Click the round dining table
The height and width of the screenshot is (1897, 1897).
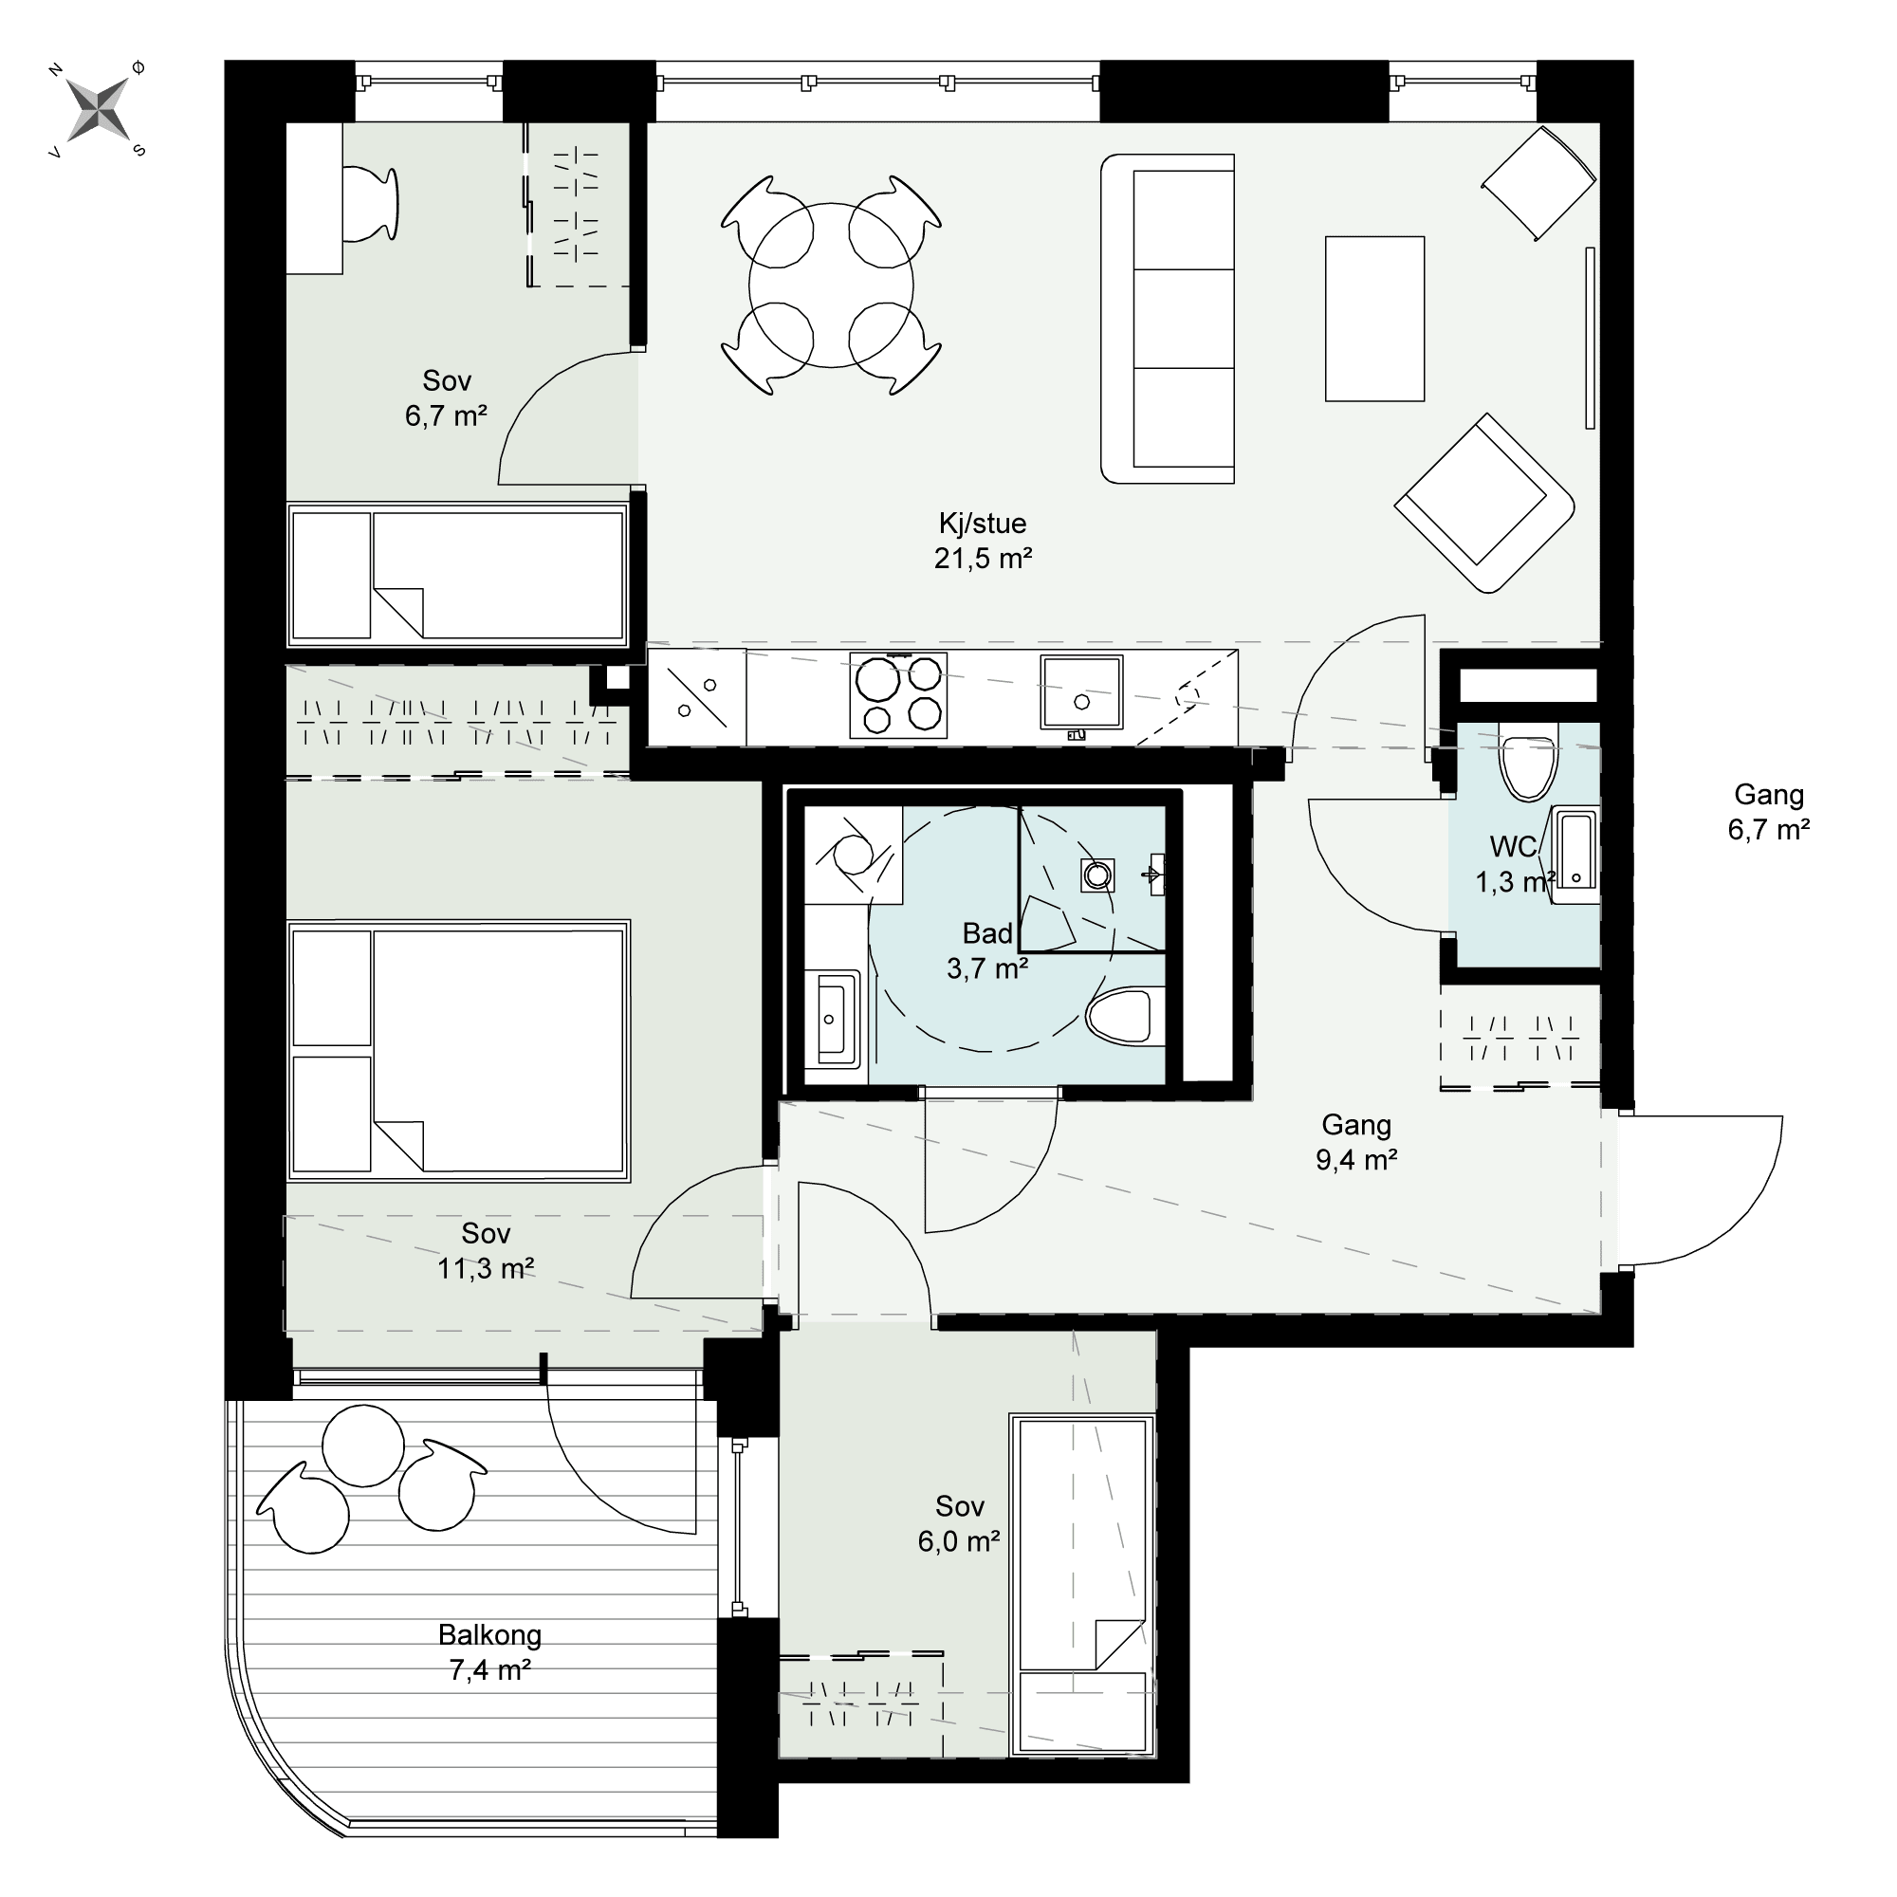point(831,285)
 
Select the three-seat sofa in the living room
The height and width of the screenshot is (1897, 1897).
point(1168,319)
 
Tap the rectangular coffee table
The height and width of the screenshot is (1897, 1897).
point(1374,319)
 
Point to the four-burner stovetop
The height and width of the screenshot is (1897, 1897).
point(898,695)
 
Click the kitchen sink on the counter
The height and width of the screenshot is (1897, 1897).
point(1082,693)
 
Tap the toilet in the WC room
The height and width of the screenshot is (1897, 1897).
point(1529,762)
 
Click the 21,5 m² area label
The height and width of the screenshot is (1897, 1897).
point(983,559)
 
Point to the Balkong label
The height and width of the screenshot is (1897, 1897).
point(490,1635)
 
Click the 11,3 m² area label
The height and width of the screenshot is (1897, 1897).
point(486,1268)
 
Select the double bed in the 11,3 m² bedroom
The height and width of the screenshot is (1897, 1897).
point(458,1051)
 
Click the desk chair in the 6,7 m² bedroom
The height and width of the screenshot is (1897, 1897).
point(371,203)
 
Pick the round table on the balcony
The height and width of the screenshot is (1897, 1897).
point(363,1446)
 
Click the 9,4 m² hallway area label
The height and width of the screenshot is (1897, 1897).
point(1357,1160)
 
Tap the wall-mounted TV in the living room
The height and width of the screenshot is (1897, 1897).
point(1590,338)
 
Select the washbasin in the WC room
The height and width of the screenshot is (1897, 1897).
point(1575,847)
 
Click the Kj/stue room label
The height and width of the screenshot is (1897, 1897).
point(983,524)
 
